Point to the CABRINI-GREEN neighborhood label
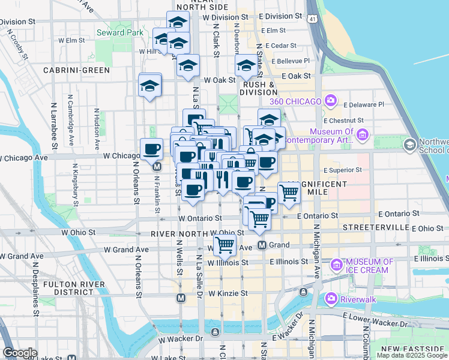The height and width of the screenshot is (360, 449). (x=76, y=70)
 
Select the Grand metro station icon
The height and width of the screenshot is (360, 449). (x=262, y=245)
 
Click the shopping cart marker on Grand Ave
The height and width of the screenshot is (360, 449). (x=224, y=244)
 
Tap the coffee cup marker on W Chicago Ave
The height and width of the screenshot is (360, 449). (x=151, y=149)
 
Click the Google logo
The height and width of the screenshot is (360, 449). (x=20, y=353)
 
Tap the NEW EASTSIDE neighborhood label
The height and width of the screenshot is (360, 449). (x=414, y=349)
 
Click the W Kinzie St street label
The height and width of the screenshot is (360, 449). (x=228, y=293)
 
